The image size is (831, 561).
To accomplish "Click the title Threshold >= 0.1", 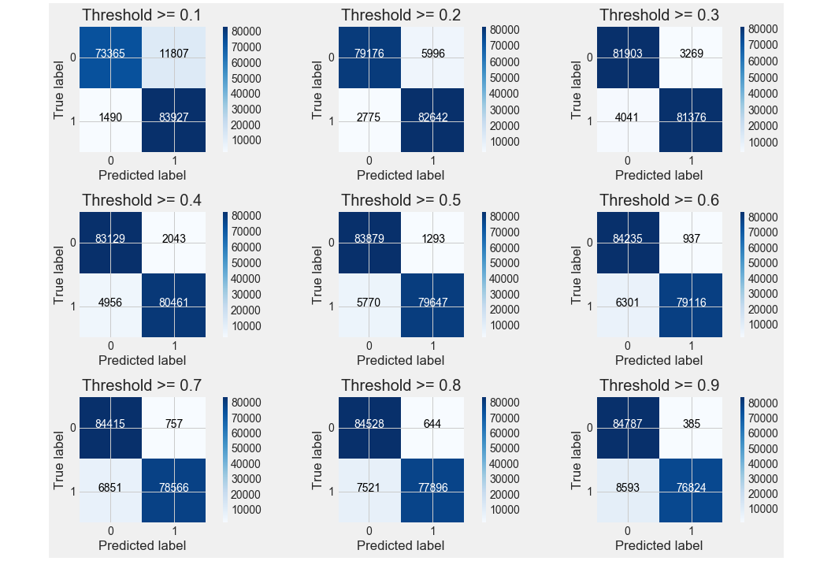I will coord(142,15).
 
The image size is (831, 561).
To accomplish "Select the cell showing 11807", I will coord(173,55).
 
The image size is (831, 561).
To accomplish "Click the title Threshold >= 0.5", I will coord(400,201).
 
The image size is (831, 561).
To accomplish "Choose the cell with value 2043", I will coord(173,240).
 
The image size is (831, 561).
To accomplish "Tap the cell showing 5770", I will coord(369,303).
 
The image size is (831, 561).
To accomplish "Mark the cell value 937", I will coord(690,240).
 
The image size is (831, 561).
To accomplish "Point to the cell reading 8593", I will coord(627,489).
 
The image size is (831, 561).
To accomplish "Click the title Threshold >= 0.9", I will coord(658,386).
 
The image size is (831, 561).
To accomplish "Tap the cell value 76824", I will coord(690,489).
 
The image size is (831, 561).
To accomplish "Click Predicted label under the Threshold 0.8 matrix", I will coord(400,545).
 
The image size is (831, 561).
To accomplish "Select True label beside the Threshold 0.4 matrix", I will coord(60,273).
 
